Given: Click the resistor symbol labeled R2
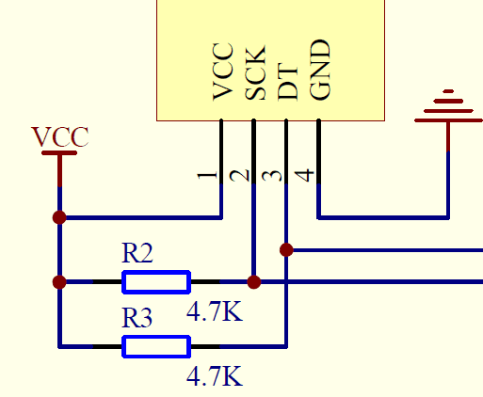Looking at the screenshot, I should coord(156,281).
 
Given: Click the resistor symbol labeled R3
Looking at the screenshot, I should coord(156,346).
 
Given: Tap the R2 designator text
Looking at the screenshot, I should coord(137,253).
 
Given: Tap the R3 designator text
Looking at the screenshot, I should coord(137,318).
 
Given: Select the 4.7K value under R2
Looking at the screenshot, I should coord(215,311).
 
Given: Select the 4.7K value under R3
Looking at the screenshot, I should coord(215,377).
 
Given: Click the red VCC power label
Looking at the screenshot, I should coord(60,137).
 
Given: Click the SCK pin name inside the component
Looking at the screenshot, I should coord(254,72).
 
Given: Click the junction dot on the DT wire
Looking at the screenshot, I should coord(286,249).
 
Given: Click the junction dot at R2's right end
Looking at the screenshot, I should coord(253,281).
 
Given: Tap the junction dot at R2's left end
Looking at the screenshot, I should coord(60,281).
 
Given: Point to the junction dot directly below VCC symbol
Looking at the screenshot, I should coord(60,217).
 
